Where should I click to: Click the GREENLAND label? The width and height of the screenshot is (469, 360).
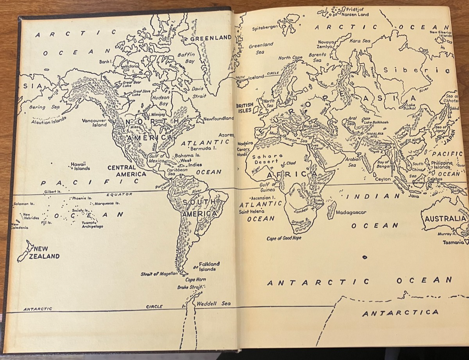(211, 38)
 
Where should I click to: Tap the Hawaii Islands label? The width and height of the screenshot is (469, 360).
(80, 166)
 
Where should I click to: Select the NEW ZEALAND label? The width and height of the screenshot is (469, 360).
(46, 253)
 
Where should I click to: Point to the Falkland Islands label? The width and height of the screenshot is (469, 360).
(207, 266)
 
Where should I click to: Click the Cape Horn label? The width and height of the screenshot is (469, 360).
(195, 280)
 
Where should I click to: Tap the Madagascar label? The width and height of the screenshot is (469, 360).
(351, 212)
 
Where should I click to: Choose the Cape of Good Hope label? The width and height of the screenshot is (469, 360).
(284, 238)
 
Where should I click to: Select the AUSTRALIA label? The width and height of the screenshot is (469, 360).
(445, 219)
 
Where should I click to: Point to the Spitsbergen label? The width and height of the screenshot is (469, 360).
(265, 28)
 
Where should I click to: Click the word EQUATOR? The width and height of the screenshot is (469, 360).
(120, 194)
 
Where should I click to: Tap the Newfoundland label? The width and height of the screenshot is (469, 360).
(218, 118)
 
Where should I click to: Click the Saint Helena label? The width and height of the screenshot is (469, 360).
(251, 211)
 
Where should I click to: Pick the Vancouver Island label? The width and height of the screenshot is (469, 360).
(94, 123)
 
